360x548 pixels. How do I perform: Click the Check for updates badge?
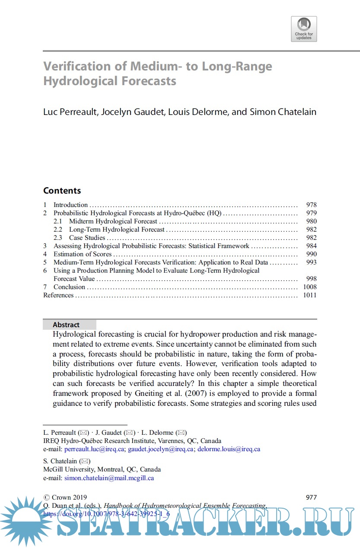pyautogui.click(x=304, y=29)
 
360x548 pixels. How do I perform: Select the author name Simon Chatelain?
pyautogui.click(x=283, y=112)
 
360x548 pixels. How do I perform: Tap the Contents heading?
pyautogui.click(x=62, y=191)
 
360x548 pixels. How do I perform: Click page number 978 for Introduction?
pyautogui.click(x=311, y=205)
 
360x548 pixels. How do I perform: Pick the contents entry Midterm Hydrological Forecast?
pyautogui.click(x=113, y=221)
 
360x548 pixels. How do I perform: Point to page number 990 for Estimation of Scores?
pyautogui.click(x=311, y=254)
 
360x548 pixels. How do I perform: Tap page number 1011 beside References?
pyautogui.click(x=309, y=295)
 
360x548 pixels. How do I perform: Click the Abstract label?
pyautogui.click(x=66, y=325)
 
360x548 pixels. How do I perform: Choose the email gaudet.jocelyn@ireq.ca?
pyautogui.click(x=160, y=449)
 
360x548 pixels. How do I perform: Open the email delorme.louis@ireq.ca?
pyautogui.click(x=229, y=449)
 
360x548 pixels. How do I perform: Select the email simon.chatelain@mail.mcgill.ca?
pyautogui.click(x=109, y=478)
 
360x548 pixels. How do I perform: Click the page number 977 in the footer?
pyautogui.click(x=311, y=497)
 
